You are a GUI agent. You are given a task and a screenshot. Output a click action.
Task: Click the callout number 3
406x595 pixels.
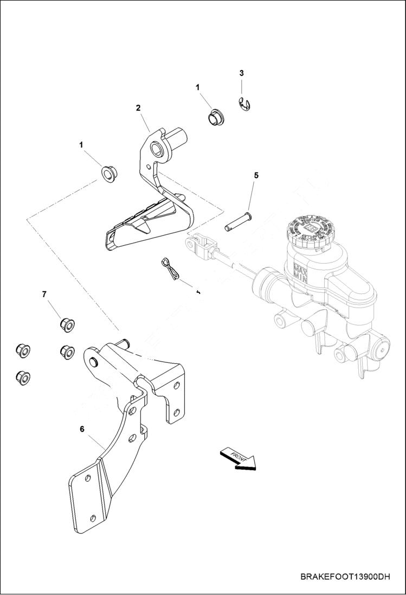coord(242,73)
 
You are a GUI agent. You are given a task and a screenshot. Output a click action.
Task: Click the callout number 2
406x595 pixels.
coord(138,108)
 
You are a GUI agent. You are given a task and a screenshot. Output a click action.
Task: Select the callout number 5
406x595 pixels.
coord(256,175)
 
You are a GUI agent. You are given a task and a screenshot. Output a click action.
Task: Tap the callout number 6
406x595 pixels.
coord(82,428)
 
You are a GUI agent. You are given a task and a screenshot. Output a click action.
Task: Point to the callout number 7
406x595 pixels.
coord(44,294)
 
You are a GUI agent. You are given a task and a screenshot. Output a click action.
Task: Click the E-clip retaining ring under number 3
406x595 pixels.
coord(247,105)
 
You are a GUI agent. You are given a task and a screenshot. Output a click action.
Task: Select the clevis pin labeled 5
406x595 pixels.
coord(239,221)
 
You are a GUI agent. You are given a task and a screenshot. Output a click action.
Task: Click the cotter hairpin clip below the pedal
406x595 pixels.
coord(171,269)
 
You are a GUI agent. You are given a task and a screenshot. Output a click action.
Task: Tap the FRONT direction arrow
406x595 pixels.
coord(237,458)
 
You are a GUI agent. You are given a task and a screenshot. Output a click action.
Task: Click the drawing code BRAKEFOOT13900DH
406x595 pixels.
coord(345,577)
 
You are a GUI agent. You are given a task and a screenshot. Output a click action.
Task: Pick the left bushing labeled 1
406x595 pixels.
coord(109,174)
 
